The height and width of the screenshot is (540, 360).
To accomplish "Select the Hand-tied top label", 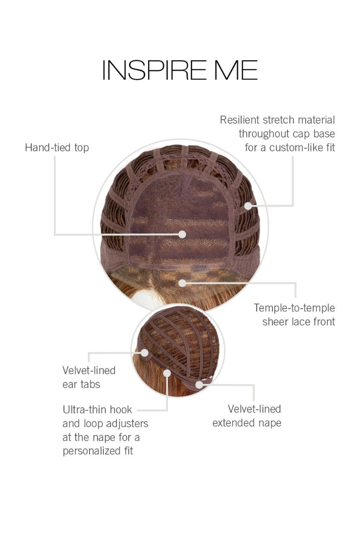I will [57, 148].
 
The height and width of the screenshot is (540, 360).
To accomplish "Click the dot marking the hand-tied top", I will [182, 234].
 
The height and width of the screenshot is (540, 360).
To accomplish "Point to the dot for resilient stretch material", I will [249, 206].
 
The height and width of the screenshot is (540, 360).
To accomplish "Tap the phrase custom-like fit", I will [302, 148].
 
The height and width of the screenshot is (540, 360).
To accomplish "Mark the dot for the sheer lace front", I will [182, 283].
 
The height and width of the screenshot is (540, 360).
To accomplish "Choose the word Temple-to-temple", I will [294, 307].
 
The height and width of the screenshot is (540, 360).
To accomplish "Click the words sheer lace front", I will [298, 321].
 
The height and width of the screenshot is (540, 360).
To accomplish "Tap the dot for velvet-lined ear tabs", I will [144, 352].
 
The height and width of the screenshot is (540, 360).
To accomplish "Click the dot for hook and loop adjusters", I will [167, 372].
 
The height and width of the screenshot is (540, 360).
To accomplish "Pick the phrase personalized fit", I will [98, 451].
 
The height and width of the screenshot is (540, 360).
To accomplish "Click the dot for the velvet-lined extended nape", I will [199, 384].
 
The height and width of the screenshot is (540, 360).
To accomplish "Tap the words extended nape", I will [247, 423].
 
